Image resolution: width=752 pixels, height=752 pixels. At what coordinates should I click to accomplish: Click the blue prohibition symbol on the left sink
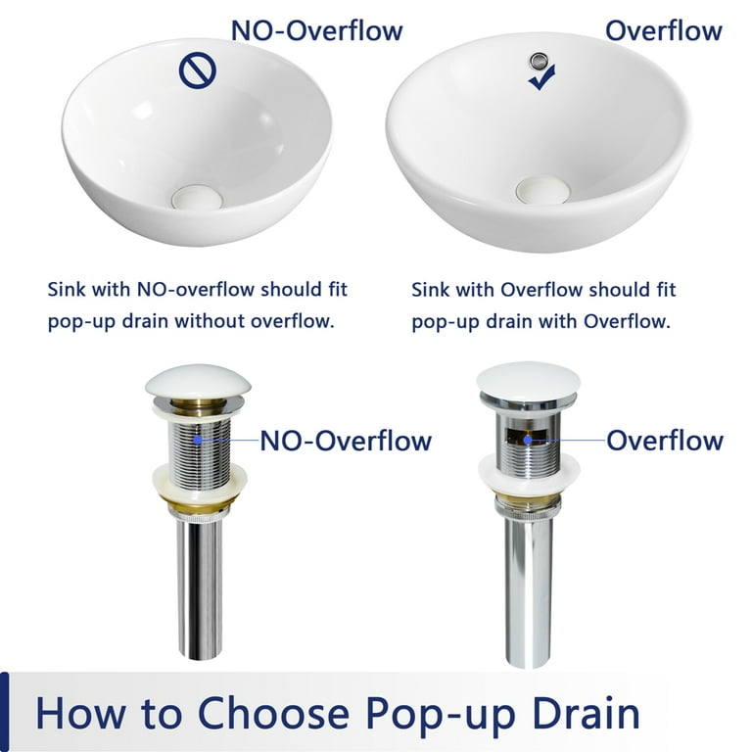198,70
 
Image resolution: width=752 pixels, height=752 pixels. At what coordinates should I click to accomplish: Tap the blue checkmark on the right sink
541,78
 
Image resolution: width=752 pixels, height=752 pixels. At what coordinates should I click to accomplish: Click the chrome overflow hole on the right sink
537,60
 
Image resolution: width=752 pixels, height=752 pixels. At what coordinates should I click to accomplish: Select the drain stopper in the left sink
197,197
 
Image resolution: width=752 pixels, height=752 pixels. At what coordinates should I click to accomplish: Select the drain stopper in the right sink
542,189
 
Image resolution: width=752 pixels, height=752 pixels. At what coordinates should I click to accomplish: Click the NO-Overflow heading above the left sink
316,30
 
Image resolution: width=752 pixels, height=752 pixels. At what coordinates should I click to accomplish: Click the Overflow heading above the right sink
664,30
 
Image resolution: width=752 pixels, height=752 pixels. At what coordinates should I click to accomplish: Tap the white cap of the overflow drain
528,379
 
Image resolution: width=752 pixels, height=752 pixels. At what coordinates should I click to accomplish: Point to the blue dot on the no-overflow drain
197,440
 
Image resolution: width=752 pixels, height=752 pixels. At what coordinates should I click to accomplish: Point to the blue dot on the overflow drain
528,440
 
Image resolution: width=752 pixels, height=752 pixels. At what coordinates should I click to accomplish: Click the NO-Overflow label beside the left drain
346,441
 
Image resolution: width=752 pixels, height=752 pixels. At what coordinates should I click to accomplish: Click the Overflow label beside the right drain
665,441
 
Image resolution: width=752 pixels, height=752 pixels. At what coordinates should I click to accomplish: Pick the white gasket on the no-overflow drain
200,480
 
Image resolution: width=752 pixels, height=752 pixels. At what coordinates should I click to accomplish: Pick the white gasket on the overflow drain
529,472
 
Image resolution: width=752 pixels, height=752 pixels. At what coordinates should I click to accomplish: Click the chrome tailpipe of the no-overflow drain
200,589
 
